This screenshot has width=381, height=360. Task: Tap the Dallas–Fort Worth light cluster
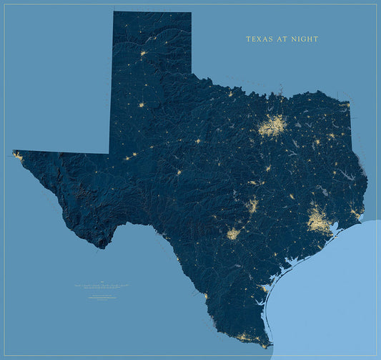tap(272, 127)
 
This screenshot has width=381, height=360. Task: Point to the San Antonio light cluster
tap(234, 233)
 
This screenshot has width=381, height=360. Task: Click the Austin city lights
tap(252, 206)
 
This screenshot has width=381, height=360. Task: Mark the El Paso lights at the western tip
tap(17, 155)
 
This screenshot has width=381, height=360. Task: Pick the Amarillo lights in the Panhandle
tap(143, 53)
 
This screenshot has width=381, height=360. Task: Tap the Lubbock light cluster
tap(141, 104)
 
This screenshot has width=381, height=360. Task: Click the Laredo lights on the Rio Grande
tap(206, 295)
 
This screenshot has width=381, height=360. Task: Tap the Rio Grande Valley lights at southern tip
tap(247, 336)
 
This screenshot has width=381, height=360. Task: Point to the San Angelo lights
tap(179, 172)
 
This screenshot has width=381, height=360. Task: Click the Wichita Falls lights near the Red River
tap(230, 94)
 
